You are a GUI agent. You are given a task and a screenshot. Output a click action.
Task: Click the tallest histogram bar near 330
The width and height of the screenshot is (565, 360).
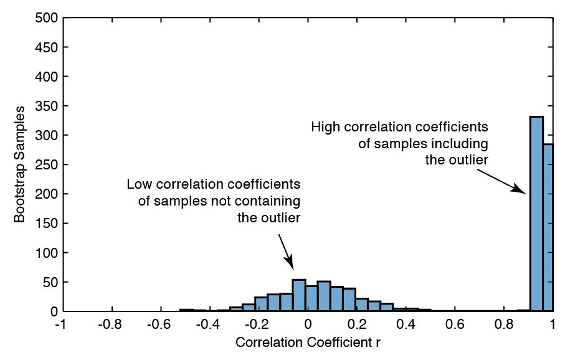click(536, 214)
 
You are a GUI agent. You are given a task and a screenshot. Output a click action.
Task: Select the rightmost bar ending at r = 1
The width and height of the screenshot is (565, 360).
click(548, 227)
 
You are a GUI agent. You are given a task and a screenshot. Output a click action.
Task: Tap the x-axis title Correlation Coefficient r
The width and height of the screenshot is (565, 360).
click(307, 343)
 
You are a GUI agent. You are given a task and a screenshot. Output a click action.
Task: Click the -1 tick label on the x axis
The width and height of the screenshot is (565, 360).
click(61, 324)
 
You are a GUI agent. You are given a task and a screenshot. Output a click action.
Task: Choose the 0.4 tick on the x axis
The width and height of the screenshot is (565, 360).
click(406, 324)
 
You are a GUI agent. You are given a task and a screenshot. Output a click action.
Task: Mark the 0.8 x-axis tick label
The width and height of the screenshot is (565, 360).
click(503, 324)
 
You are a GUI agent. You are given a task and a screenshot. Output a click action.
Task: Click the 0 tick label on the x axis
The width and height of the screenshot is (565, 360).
click(308, 324)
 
